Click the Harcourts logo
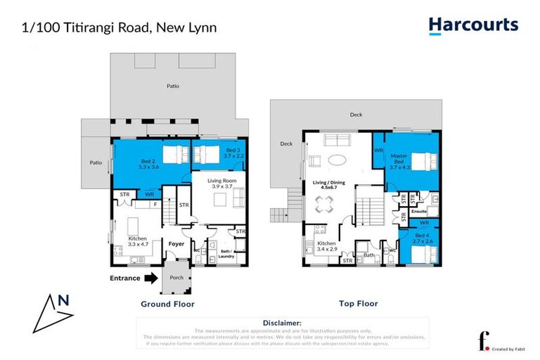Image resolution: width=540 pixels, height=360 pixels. [473, 26]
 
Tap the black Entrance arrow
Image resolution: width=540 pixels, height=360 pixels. [150, 278]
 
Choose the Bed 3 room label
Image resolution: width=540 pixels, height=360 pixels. [233, 154]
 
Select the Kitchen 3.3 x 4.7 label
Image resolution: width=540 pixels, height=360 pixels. [137, 242]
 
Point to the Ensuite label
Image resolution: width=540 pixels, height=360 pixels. [420, 210]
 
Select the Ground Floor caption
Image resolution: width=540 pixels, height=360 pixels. [167, 304]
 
